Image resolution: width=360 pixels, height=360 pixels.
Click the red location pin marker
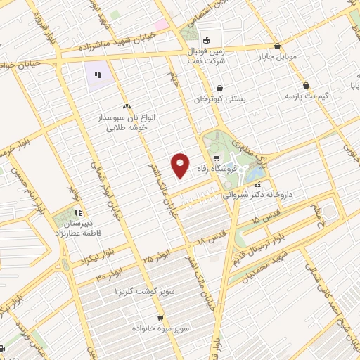click(181, 165)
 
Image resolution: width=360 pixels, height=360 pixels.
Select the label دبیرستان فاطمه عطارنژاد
click(78, 228)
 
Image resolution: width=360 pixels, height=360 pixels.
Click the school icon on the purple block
click(98, 73)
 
